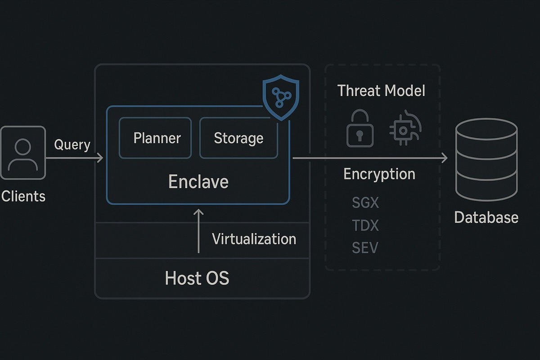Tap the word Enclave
(x=198, y=181)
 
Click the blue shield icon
(x=281, y=97)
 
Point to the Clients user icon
(x=23, y=153)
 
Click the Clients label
(x=23, y=196)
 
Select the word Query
(x=72, y=145)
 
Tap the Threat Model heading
(x=381, y=90)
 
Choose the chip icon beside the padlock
(x=405, y=128)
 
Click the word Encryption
(x=379, y=174)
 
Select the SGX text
(x=365, y=202)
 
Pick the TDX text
(x=365, y=225)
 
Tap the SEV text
(x=365, y=247)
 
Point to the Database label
(x=486, y=217)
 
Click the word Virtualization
(x=254, y=239)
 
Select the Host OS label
(x=197, y=278)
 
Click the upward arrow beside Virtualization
(x=198, y=231)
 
